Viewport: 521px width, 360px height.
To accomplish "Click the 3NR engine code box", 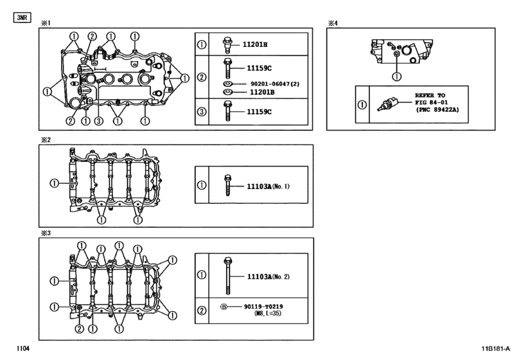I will click(x=21, y=17).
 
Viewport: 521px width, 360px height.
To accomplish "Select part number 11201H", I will click(x=255, y=45).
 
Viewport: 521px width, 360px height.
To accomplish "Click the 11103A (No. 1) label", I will click(x=269, y=186).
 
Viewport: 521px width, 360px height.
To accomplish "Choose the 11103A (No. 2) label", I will click(x=269, y=276).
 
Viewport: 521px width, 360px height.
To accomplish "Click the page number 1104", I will click(x=23, y=348).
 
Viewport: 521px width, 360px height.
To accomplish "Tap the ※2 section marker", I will click(x=46, y=139).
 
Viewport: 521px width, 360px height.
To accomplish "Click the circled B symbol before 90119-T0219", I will click(x=224, y=308).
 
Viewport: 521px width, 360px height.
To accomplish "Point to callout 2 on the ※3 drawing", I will click(x=78, y=329).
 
